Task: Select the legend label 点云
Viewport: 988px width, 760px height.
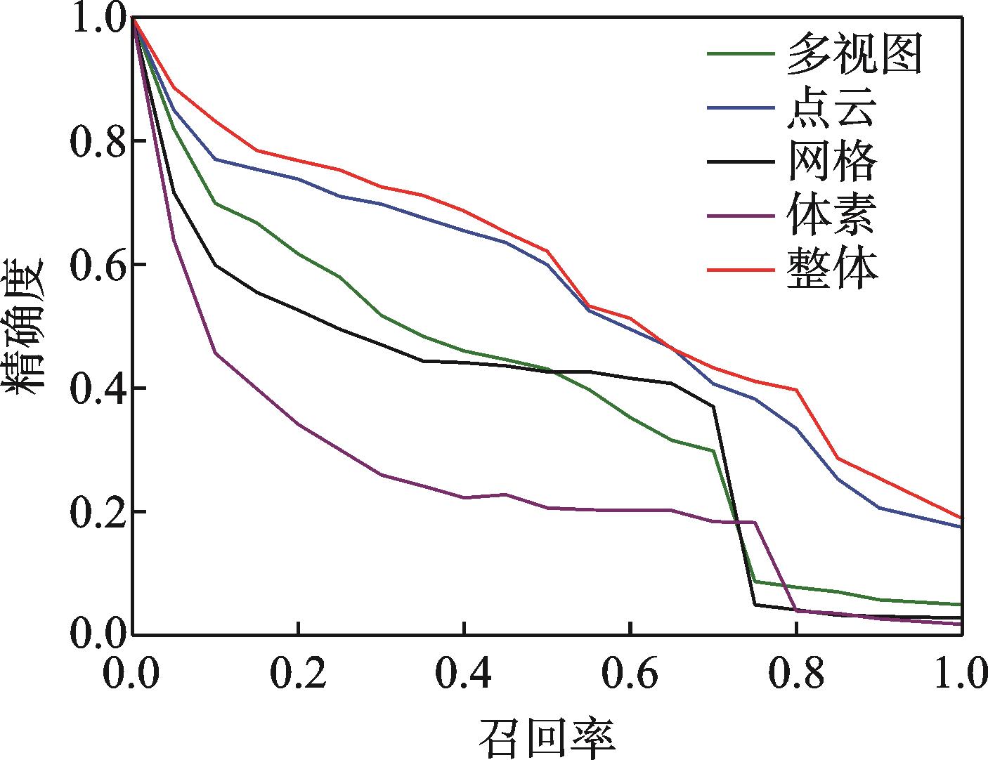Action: coord(831,110)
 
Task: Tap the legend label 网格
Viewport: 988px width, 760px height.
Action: coord(832,162)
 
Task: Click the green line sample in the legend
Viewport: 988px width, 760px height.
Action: coord(741,53)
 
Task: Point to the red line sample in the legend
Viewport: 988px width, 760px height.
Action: coord(741,268)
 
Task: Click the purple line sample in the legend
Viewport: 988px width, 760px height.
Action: coord(741,214)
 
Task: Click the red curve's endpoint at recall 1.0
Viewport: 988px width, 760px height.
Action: coord(961,518)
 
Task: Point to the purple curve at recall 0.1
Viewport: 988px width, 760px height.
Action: coord(216,353)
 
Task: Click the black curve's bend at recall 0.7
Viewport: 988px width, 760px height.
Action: coord(714,407)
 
